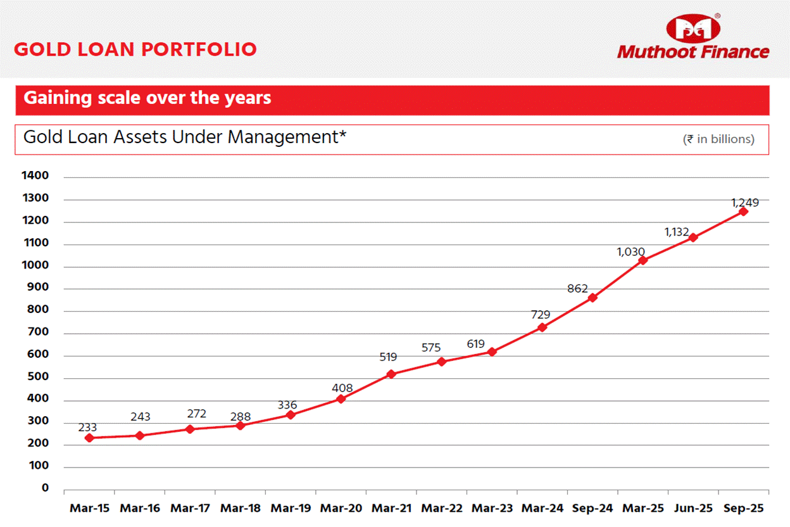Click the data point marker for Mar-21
coord(391,374)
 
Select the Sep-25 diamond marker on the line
coord(743,212)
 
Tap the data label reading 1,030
coord(631,252)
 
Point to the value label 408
coord(342,388)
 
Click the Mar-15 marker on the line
coord(89,438)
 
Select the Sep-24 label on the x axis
coord(592,509)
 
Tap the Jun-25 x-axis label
coord(693,509)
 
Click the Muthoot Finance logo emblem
coord(693,28)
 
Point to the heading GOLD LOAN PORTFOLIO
coord(135,49)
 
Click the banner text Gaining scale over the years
coord(147,98)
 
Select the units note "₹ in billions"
coord(718,139)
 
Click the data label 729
coord(541,314)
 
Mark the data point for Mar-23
coord(492,352)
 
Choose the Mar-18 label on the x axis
coord(241,509)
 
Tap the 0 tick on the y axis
coord(45,488)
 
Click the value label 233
coord(88,428)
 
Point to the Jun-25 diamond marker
coord(693,238)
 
